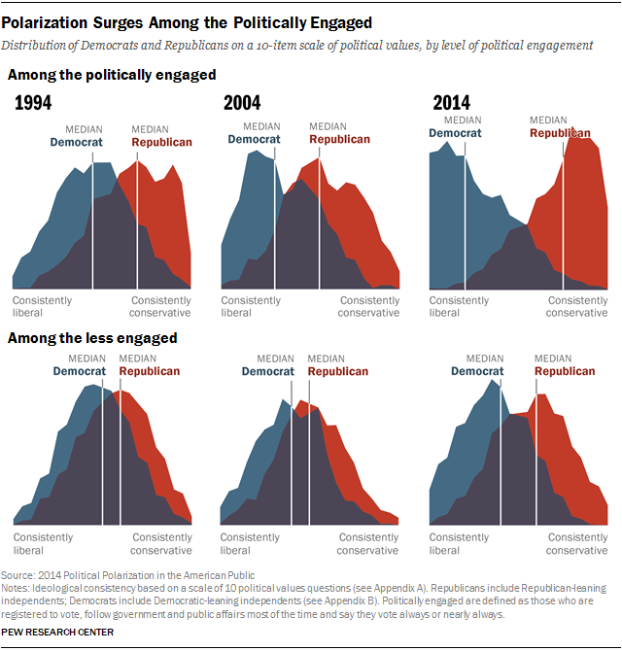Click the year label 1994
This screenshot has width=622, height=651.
tap(33, 103)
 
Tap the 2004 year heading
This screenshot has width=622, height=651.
tap(243, 103)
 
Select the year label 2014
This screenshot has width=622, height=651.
tap(451, 103)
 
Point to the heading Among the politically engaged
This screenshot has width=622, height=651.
tap(112, 75)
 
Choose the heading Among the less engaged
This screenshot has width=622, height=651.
tap(92, 338)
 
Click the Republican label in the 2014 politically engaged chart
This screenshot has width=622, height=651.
tap(559, 133)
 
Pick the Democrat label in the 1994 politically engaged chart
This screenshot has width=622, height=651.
tap(77, 142)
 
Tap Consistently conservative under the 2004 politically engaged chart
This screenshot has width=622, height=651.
tap(368, 307)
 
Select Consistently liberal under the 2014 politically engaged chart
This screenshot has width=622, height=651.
tap(459, 307)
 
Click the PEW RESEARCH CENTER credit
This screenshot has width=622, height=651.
tap(59, 632)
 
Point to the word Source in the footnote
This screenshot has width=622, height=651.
tap(18, 575)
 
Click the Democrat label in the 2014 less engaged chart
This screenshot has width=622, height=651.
tap(477, 371)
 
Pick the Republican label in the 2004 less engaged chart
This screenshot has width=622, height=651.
tap(337, 371)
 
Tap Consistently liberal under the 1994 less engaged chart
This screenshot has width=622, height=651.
tap(43, 543)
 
